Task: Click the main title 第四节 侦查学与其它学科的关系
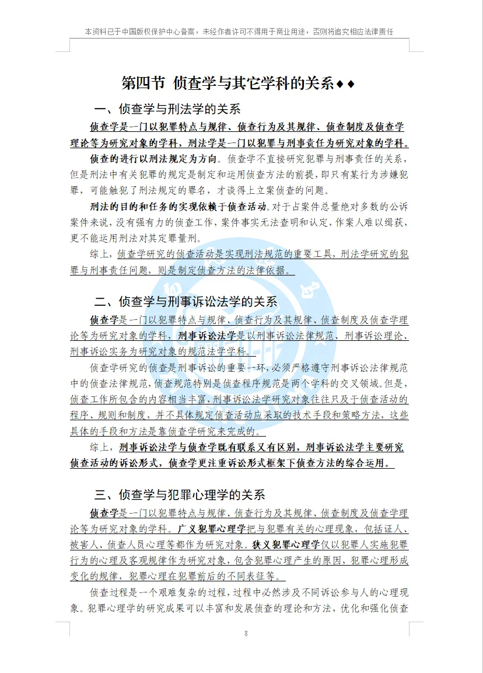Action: click(x=228, y=83)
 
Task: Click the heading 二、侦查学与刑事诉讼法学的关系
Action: click(x=185, y=302)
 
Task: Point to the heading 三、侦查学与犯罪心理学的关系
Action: click(x=180, y=495)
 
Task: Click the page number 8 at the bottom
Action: click(x=246, y=633)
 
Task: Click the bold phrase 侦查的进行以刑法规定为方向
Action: click(x=154, y=158)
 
